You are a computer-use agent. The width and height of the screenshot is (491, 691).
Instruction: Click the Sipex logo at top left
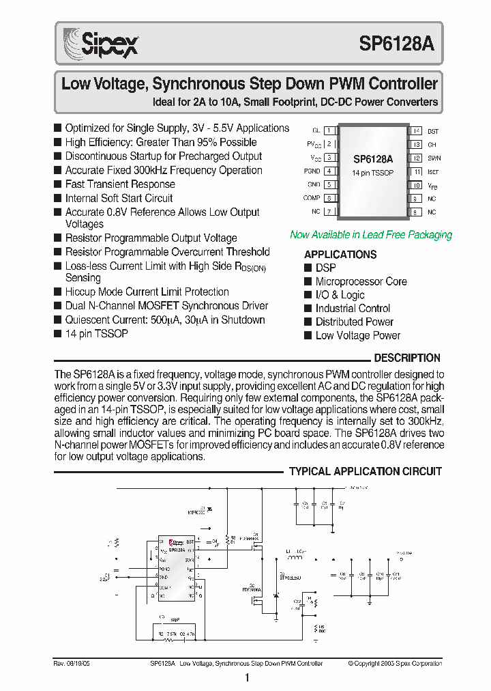(x=101, y=44)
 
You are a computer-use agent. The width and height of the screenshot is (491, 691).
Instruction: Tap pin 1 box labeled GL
(x=329, y=130)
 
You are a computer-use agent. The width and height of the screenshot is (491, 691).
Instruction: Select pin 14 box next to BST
(x=415, y=130)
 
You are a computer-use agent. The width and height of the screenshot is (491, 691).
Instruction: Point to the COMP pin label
(x=312, y=198)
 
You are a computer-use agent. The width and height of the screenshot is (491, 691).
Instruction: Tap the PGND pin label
(x=312, y=171)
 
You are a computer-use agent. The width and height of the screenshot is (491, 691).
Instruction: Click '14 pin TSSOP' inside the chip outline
(x=372, y=173)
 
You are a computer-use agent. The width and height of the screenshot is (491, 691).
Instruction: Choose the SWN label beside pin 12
(x=434, y=158)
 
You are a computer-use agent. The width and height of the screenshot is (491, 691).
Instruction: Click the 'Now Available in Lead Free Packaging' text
(x=371, y=235)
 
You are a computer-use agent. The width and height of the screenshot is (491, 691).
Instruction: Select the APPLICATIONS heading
(x=340, y=255)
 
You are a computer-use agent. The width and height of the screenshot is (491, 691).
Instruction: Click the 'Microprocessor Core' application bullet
(x=361, y=281)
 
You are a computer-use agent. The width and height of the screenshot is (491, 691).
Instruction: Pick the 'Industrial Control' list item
(x=353, y=309)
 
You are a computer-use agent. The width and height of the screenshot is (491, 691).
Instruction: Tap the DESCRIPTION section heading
(x=407, y=358)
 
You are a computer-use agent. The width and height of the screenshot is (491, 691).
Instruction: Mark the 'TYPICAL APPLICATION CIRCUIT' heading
(x=366, y=471)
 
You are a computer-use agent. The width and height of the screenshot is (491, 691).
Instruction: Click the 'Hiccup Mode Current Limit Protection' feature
(x=147, y=292)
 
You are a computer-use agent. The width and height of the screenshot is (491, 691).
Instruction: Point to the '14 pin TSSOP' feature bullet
(x=96, y=333)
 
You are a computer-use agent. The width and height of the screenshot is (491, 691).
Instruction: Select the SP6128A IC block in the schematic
(x=177, y=567)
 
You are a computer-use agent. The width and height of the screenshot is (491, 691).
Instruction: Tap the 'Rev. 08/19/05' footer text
(x=72, y=664)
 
